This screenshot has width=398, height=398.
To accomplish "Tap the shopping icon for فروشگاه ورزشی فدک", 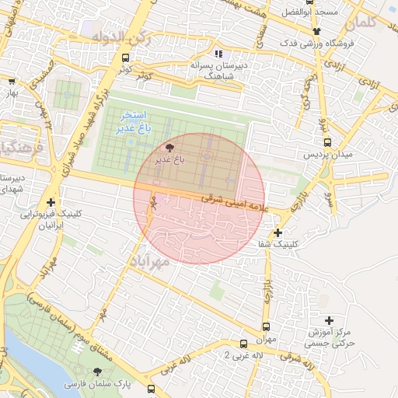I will tap(316, 32).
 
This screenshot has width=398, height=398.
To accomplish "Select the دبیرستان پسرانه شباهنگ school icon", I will tap(218, 54).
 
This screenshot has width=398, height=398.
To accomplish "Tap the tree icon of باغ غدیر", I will tap(170, 147).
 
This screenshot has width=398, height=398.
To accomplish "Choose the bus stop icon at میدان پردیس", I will tap(327, 143).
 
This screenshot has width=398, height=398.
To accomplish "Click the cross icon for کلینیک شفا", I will tap(278, 232).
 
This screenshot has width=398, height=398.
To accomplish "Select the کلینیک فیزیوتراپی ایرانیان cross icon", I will tap(51, 202).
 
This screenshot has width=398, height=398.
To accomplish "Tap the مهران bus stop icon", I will tap(267, 326).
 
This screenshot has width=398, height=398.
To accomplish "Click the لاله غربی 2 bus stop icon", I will tap(243, 343).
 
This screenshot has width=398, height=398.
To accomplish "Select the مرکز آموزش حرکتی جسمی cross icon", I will tap(329, 319).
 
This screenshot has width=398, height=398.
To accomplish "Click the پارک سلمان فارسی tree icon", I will tap(97, 372).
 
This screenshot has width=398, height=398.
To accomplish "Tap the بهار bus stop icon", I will tap(12, 80).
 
